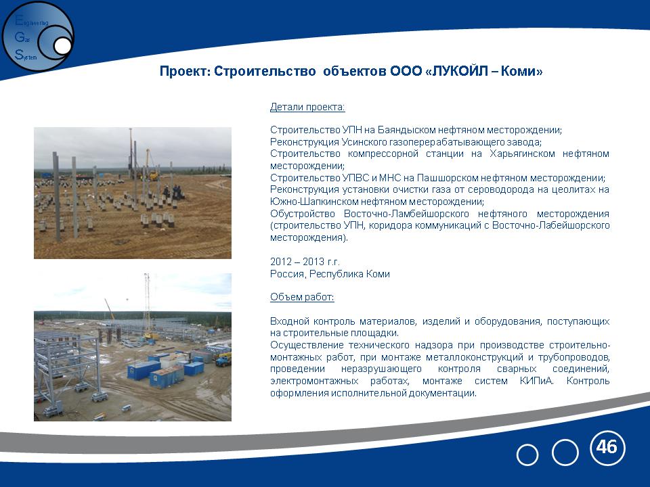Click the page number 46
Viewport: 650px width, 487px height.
click(x=607, y=447)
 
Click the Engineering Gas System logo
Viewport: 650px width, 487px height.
click(x=38, y=37)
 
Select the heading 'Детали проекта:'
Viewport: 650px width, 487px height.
click(x=307, y=108)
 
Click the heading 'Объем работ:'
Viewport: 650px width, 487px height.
click(x=302, y=297)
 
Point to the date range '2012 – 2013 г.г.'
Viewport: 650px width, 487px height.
click(x=305, y=262)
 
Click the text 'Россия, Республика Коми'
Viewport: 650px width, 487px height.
click(x=330, y=274)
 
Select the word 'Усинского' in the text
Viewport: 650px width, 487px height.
click(x=364, y=142)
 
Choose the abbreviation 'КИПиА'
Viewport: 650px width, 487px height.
click(x=536, y=381)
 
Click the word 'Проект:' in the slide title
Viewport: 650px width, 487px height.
click(x=186, y=71)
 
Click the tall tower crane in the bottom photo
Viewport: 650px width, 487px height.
click(x=147, y=304)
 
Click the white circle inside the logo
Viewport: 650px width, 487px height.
click(x=62, y=46)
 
